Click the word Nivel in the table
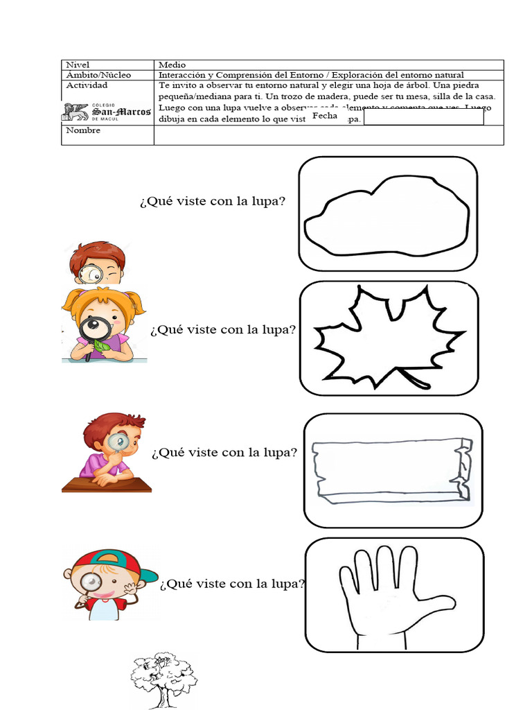click(78, 64)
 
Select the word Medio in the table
click(172, 64)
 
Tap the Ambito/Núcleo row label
click(98, 75)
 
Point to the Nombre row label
click(82, 130)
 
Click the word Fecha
click(324, 116)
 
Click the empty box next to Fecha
click(423, 118)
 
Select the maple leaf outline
click(384, 336)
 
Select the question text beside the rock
click(213, 202)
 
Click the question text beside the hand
click(232, 584)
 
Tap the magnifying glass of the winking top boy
click(90, 274)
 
